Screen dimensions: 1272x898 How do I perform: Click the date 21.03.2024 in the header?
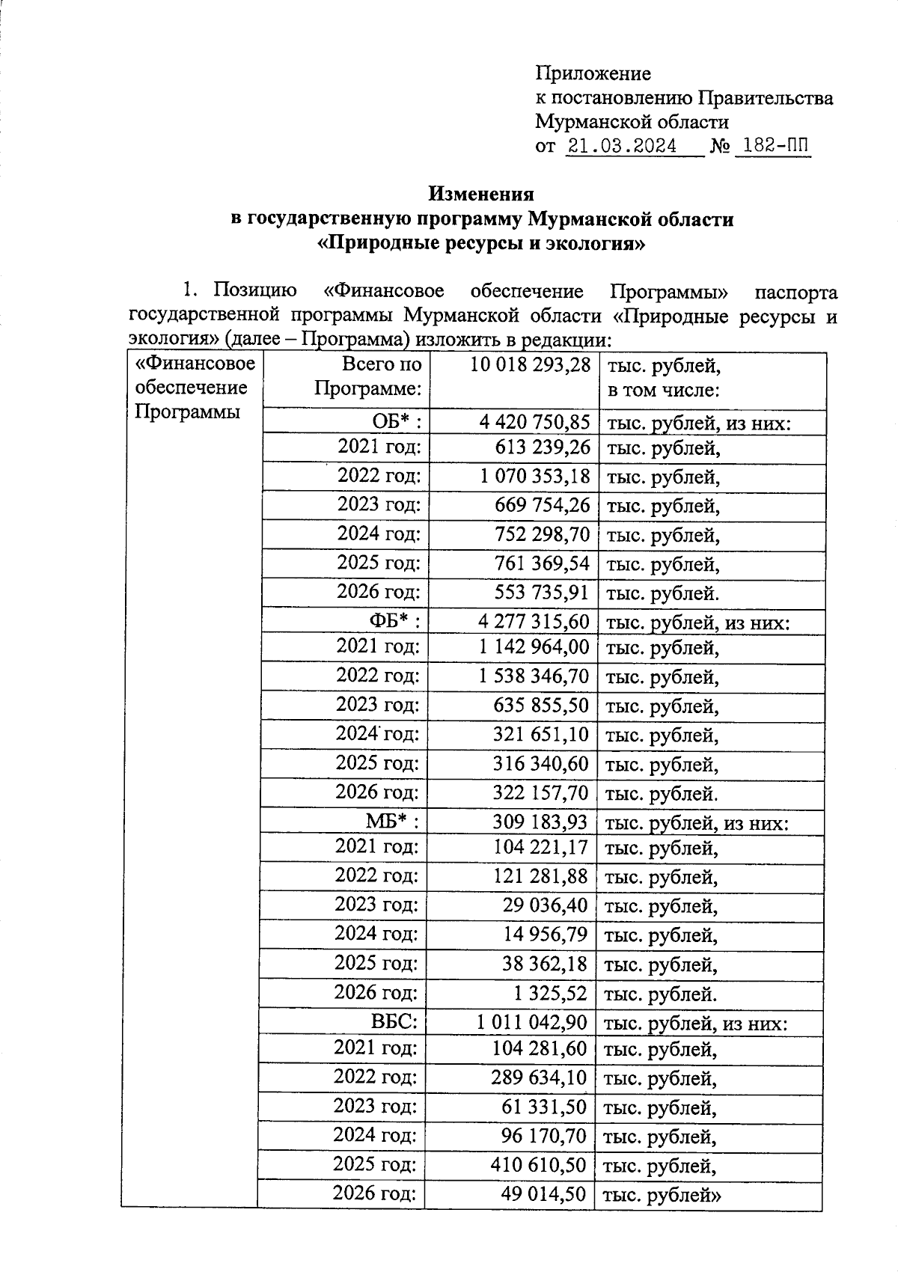pyautogui.click(x=622, y=146)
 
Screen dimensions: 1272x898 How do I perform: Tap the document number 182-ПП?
pyautogui.click(x=774, y=146)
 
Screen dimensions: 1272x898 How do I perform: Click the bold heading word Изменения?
pyautogui.click(x=481, y=194)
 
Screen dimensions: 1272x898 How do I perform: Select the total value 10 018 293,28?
pyautogui.click(x=531, y=365)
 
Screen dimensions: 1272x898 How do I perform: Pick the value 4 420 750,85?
pyautogui.click(x=534, y=423)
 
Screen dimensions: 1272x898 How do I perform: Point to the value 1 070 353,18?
pyautogui.click(x=534, y=476)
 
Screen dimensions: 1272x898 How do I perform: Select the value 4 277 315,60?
pyautogui.click(x=534, y=622)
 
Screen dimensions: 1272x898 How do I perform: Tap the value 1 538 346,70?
pyautogui.click(x=534, y=676)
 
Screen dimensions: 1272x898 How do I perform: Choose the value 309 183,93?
pyautogui.click(x=540, y=822)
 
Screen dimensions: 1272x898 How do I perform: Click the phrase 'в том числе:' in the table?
pyautogui.click(x=652, y=390)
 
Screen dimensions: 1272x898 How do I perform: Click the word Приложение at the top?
pyautogui.click(x=593, y=73)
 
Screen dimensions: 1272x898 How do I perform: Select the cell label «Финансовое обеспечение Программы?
pyautogui.click(x=194, y=388)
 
